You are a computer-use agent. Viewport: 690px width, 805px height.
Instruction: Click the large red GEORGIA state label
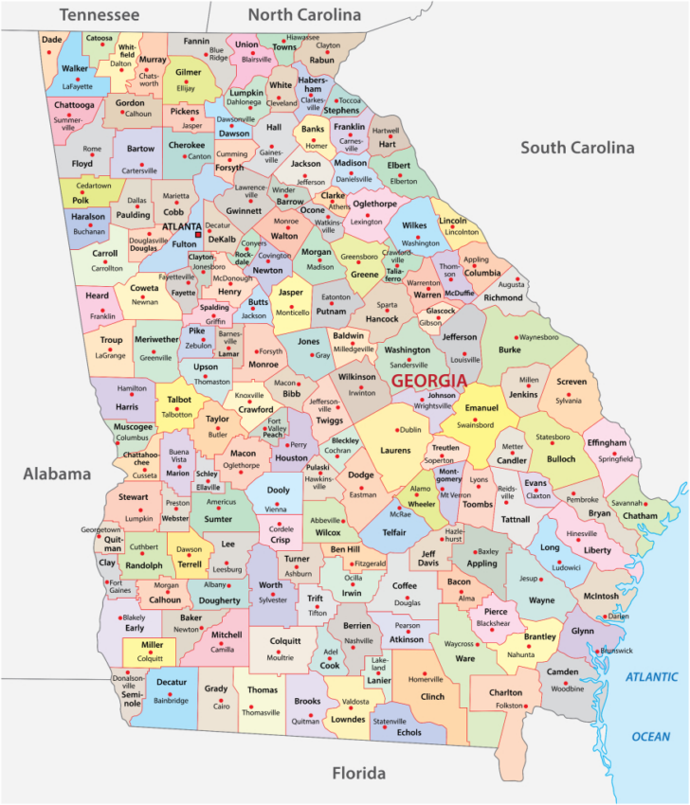coord(428,380)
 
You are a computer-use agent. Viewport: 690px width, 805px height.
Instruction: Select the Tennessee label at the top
coord(100,15)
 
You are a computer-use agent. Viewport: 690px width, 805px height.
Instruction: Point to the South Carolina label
coord(576,148)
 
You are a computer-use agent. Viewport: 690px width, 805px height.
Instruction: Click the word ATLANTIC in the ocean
coord(651,677)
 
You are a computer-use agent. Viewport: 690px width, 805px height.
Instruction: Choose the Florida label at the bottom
coord(359,774)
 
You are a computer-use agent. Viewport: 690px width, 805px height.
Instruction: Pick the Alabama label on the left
coord(57,474)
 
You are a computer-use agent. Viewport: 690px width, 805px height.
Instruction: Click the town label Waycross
coord(459,643)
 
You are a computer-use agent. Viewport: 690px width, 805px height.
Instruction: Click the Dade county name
coord(52,40)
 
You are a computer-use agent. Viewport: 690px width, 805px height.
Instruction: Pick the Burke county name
coord(510,349)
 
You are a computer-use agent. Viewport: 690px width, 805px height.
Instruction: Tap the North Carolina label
coord(304,15)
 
